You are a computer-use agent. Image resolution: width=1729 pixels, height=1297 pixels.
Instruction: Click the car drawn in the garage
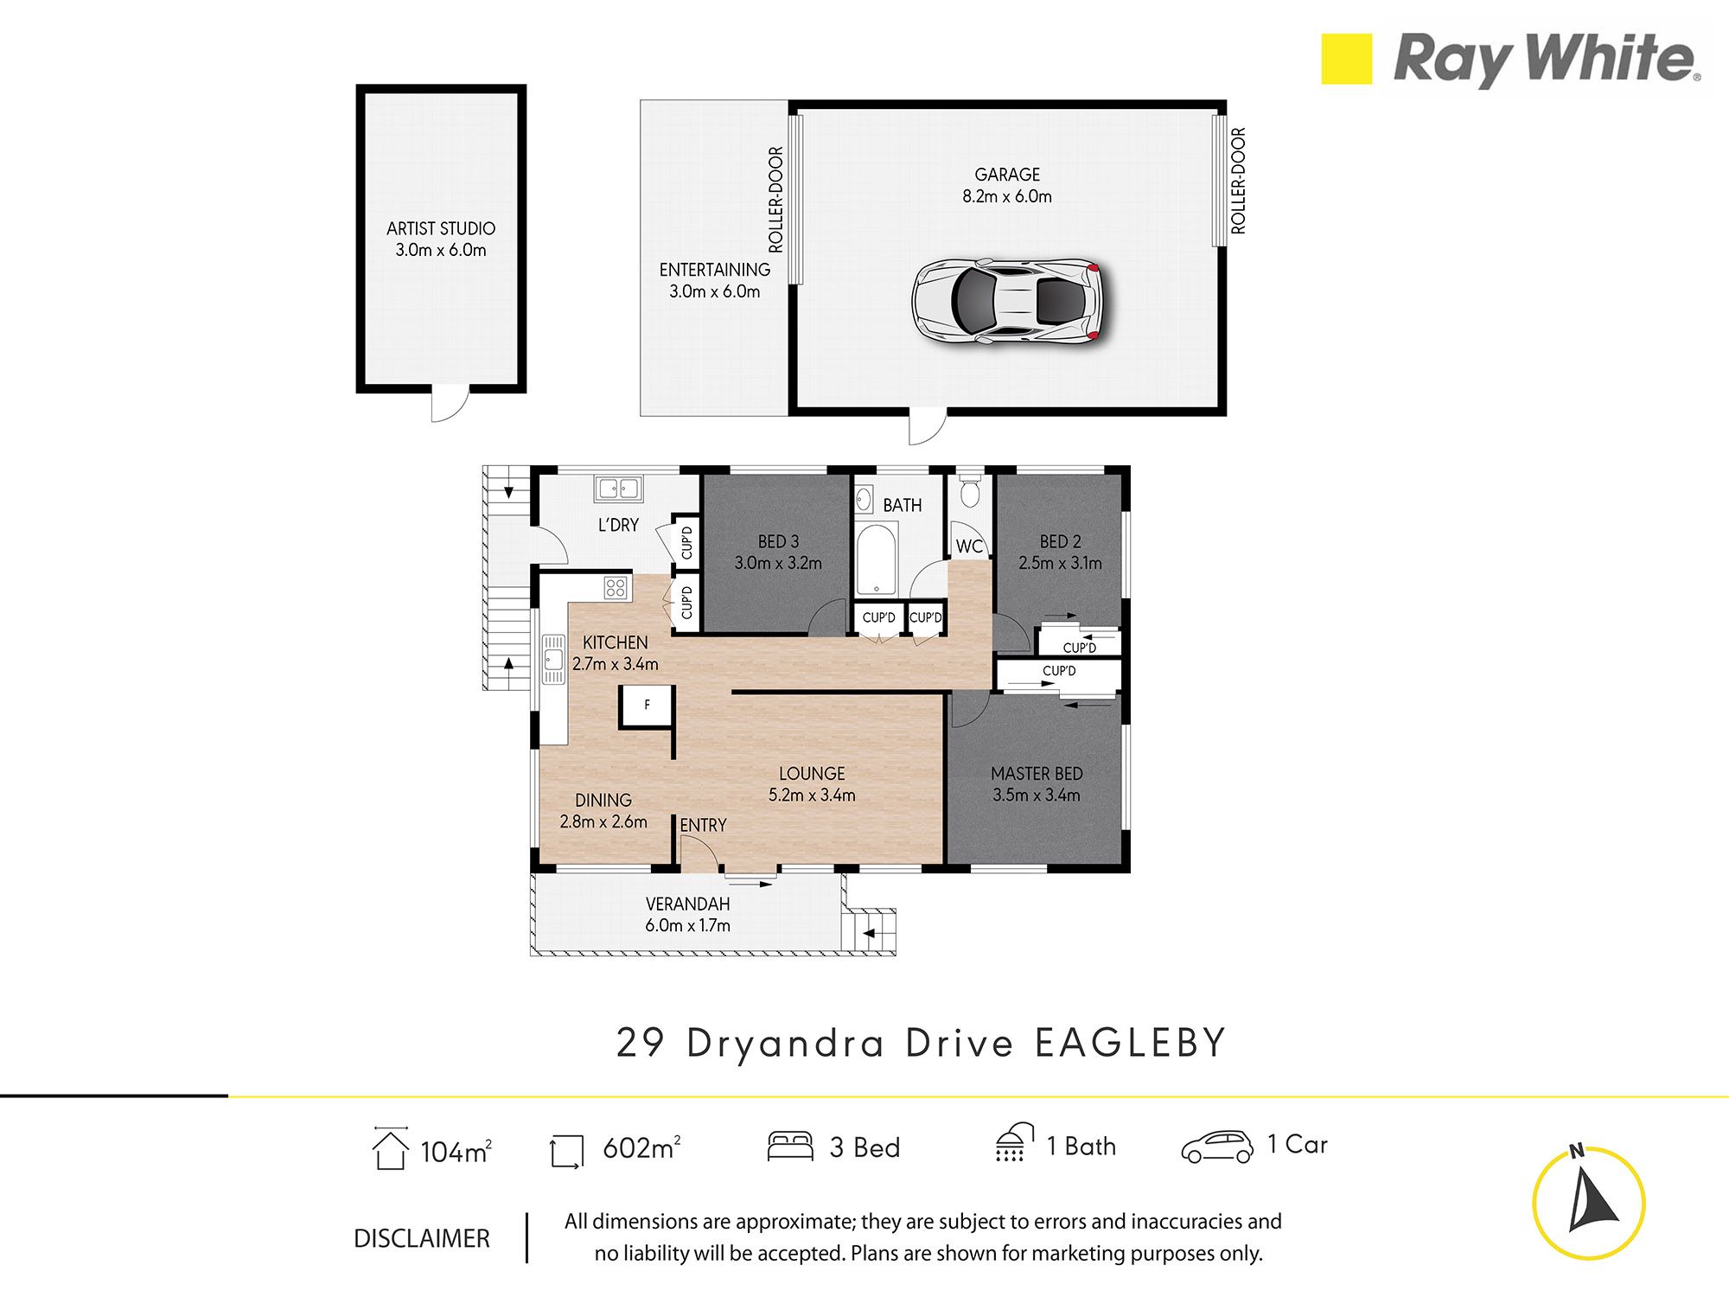point(1008,302)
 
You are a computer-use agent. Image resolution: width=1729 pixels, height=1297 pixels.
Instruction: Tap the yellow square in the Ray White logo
point(1346,59)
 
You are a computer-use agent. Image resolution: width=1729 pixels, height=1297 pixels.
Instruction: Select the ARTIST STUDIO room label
point(441,228)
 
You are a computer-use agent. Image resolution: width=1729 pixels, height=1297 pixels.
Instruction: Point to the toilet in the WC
point(969,490)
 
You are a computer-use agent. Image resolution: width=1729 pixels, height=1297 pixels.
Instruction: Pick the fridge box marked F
point(647,706)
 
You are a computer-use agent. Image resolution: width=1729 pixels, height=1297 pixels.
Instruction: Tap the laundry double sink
point(617,489)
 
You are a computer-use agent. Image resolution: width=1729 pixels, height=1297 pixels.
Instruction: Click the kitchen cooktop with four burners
point(616,588)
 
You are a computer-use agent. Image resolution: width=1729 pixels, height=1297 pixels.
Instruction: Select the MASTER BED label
point(1037,774)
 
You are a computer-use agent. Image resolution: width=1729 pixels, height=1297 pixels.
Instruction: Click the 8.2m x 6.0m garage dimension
point(1007,196)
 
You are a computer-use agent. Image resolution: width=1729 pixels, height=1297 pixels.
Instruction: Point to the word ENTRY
point(703,825)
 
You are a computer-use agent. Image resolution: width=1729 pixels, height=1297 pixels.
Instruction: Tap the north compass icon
point(1588,1202)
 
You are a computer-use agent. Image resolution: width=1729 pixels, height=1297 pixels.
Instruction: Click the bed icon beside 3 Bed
point(790,1146)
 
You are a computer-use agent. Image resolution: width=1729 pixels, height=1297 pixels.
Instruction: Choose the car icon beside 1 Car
point(1217,1147)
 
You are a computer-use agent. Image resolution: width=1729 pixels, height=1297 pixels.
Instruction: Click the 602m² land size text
point(641,1147)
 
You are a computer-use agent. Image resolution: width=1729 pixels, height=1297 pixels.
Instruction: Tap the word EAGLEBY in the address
point(1131,1043)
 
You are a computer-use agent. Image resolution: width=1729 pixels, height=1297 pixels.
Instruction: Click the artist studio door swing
point(450,404)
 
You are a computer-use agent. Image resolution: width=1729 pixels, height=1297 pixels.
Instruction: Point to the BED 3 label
point(778,541)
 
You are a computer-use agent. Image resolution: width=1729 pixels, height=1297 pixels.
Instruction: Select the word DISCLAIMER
point(422,1238)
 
